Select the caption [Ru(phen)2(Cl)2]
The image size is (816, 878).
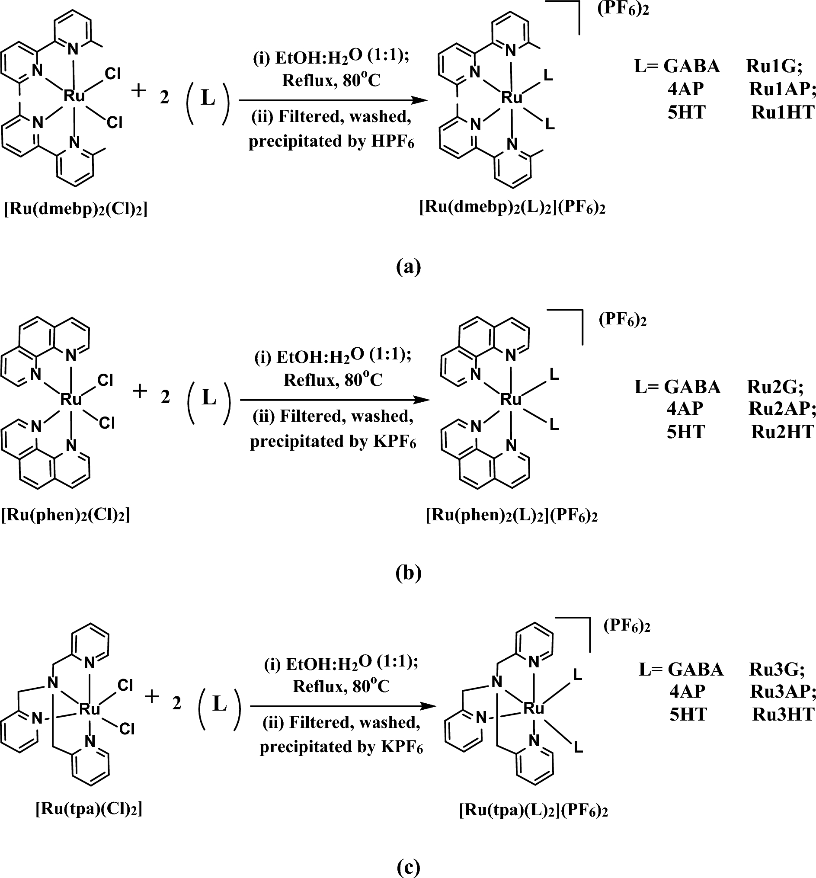(66, 515)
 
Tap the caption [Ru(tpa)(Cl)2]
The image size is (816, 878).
(89, 809)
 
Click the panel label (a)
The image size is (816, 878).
(409, 267)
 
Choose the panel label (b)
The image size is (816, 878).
(409, 572)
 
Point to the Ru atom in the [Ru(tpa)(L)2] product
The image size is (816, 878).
(533, 709)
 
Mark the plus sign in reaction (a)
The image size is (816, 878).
(139, 91)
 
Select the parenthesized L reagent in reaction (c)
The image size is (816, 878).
(219, 704)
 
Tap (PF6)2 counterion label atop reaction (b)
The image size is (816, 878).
(622, 320)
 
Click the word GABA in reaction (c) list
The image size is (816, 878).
(695, 670)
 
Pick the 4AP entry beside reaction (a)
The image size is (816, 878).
(685, 89)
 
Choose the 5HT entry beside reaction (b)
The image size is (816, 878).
(685, 432)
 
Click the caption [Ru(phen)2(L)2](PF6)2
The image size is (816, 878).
(512, 516)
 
